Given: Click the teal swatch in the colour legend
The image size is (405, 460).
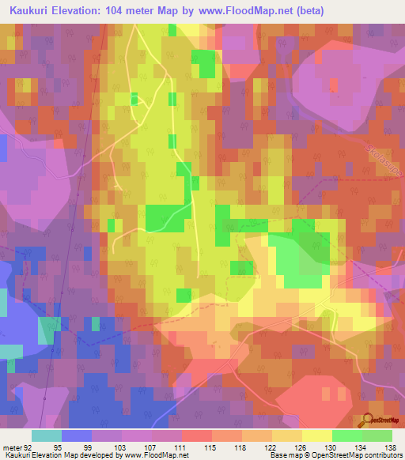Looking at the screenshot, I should click(x=47, y=435).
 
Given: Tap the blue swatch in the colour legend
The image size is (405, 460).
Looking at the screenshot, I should click(x=77, y=435).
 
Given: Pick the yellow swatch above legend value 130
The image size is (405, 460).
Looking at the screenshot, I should click(x=316, y=435).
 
